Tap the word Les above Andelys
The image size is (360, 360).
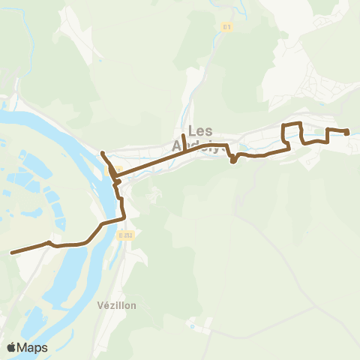pyautogui.click(x=202, y=129)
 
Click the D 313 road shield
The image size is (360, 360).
pyautogui.click(x=124, y=235)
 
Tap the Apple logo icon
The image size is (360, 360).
pyautogui.click(x=11, y=348)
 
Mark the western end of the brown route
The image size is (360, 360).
pyautogui.click(x=12, y=253)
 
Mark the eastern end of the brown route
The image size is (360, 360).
pyautogui.click(x=347, y=133)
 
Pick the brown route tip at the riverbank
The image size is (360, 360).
pyautogui.click(x=102, y=154)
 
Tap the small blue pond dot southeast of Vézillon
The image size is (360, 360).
pyautogui.click(x=192, y=327)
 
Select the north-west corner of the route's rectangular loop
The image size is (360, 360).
pyautogui.click(x=283, y=124)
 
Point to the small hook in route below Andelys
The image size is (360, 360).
pyautogui.click(x=233, y=160)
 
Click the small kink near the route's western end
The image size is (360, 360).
pyautogui.click(x=50, y=242)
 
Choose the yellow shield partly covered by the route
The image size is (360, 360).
pyautogui.click(x=117, y=169)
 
